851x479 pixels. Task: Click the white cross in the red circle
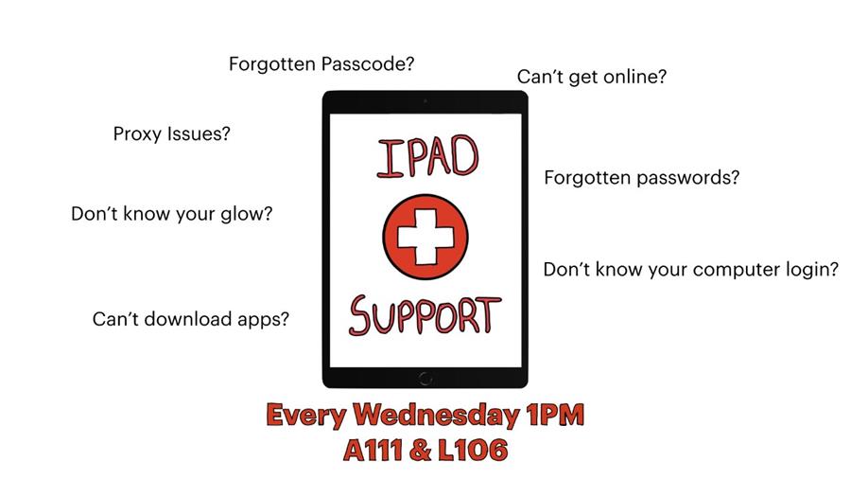425,237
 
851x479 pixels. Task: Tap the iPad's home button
425,379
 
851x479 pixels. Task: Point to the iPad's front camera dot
425,101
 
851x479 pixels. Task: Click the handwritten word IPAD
427,157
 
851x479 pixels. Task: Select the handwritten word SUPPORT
425,315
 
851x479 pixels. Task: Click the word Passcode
368,64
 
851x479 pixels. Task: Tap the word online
634,77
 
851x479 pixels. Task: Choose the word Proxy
137,134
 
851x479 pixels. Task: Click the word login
811,270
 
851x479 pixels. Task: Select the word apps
263,320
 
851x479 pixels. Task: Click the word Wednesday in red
436,415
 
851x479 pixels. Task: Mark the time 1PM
555,415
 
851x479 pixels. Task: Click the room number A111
373,451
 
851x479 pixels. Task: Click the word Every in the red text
306,416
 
